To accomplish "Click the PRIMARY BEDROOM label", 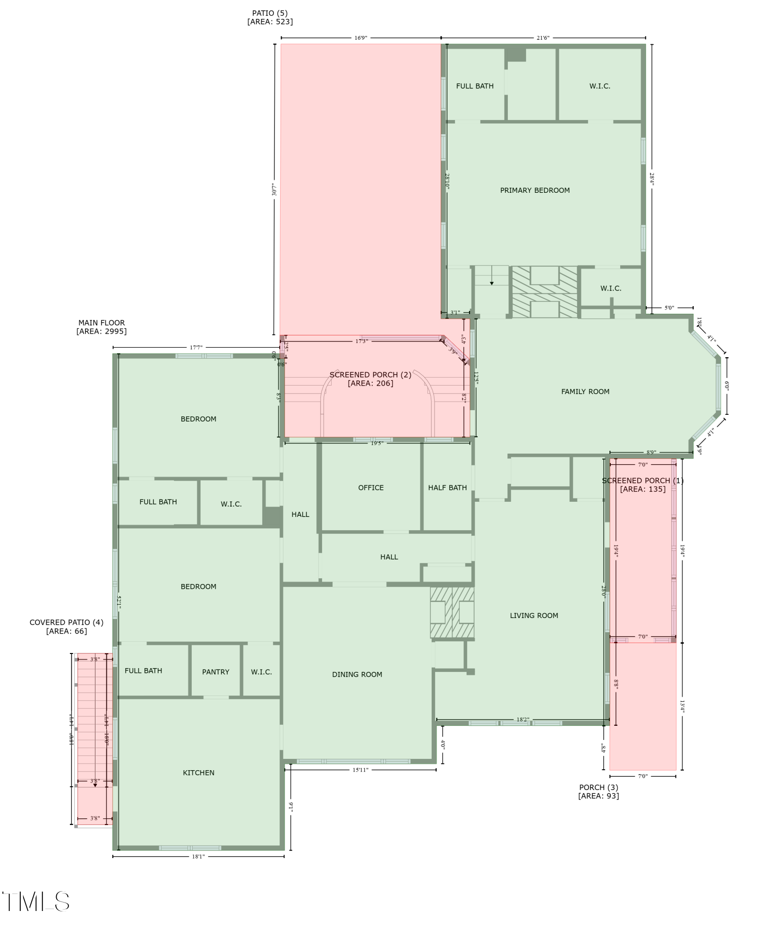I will pyautogui.click(x=535, y=190).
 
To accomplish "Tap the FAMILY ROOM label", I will pyautogui.click(x=585, y=392).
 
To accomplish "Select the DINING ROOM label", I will pyautogui.click(x=357, y=675).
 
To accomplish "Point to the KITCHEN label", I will pyautogui.click(x=198, y=773).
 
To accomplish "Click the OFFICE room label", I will pyautogui.click(x=371, y=488).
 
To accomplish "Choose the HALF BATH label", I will pyautogui.click(x=447, y=488).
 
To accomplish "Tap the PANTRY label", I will pyautogui.click(x=215, y=672).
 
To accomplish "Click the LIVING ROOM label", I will pyautogui.click(x=534, y=616).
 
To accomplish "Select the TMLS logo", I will pyautogui.click(x=36, y=902).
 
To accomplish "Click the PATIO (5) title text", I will pyautogui.click(x=270, y=13).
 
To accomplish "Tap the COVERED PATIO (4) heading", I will pyautogui.click(x=66, y=622).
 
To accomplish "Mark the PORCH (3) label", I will pyautogui.click(x=598, y=787).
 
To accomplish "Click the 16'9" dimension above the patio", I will pyautogui.click(x=361, y=38).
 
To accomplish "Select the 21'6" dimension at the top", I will pyautogui.click(x=543, y=38).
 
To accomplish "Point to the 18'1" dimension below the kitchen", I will pyautogui.click(x=198, y=857).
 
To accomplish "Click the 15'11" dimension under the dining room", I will pyautogui.click(x=360, y=770).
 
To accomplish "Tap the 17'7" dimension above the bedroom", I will pyautogui.click(x=196, y=348).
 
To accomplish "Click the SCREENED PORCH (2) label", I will pyautogui.click(x=370, y=375).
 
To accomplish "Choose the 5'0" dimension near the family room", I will pyautogui.click(x=669, y=308).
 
